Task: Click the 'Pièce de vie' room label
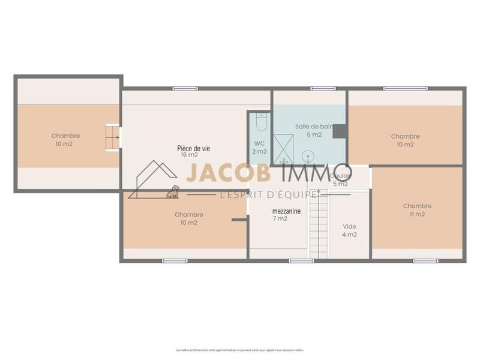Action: pyautogui.click(x=193, y=148)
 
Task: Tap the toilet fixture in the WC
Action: pyautogui.click(x=260, y=122)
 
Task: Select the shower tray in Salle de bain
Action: pyautogui.click(x=284, y=149)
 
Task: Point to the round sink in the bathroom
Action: pyautogui.click(x=307, y=157)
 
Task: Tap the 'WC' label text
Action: pyautogui.click(x=259, y=143)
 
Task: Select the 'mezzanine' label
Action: pyautogui.click(x=286, y=211)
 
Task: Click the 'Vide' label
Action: pyautogui.click(x=349, y=227)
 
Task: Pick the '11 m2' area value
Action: pyautogui.click(x=417, y=214)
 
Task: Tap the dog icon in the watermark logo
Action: pyautogui.click(x=173, y=192)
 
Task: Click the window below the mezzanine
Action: pyautogui.click(x=301, y=260)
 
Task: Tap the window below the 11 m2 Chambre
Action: pyautogui.click(x=425, y=260)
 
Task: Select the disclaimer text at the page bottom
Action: pyautogui.click(x=239, y=350)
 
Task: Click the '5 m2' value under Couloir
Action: pyautogui.click(x=340, y=184)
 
